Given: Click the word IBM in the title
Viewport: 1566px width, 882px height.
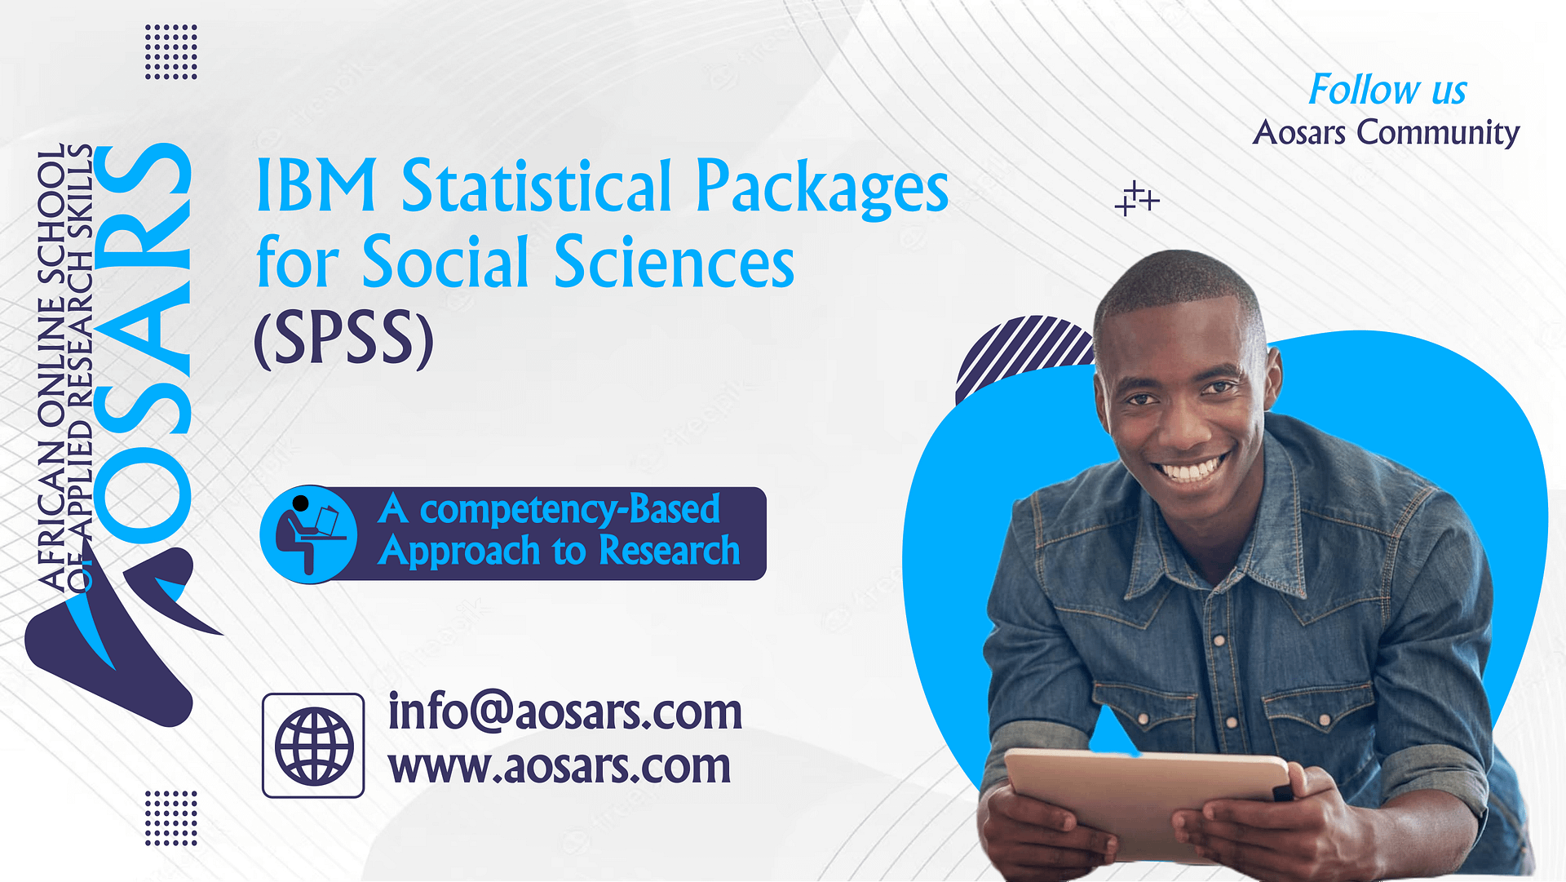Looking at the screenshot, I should [x=316, y=186].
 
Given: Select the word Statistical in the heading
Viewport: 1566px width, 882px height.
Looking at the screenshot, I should [x=537, y=186].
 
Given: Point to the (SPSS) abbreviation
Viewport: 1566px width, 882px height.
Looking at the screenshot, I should [x=343, y=339].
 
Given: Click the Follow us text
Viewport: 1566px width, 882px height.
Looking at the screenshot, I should [x=1387, y=90].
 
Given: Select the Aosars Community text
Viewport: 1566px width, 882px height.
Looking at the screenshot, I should [x=1386, y=132].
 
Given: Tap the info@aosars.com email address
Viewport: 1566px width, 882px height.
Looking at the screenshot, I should [x=564, y=711].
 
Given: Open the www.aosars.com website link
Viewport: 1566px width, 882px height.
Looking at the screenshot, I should [x=559, y=766].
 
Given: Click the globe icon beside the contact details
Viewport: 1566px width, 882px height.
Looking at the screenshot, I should [x=313, y=745].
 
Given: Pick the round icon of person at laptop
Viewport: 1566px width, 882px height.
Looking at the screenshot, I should [x=308, y=534].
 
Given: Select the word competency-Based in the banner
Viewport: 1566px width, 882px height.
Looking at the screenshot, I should [x=569, y=509].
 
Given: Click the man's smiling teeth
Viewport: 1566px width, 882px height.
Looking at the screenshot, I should [x=1192, y=471].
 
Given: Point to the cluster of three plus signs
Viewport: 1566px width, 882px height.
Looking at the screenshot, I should [x=1136, y=199].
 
